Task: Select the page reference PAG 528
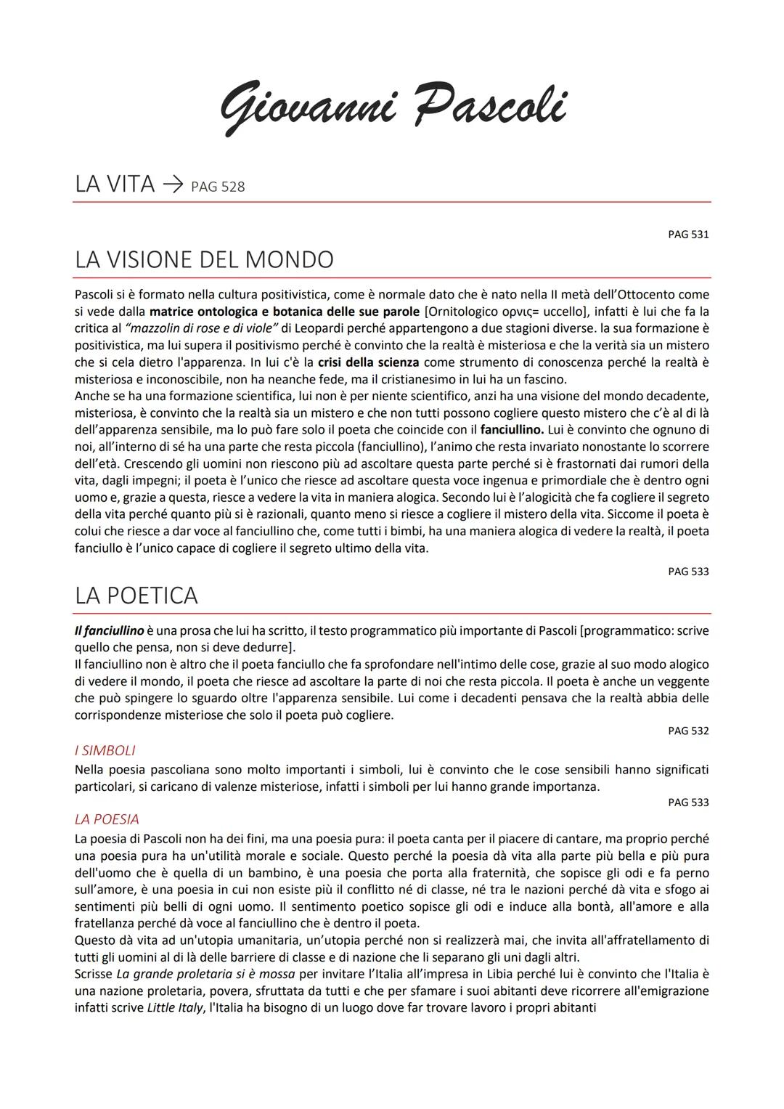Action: click(218, 187)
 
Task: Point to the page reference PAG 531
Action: click(688, 235)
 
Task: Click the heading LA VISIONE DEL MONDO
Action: click(204, 260)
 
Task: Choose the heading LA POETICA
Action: click(136, 596)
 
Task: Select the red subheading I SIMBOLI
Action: click(105, 750)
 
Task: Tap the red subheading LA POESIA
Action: click(107, 819)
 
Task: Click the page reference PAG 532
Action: click(688, 731)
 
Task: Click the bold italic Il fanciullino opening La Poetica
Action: click(109, 630)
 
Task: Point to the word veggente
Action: click(685, 681)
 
